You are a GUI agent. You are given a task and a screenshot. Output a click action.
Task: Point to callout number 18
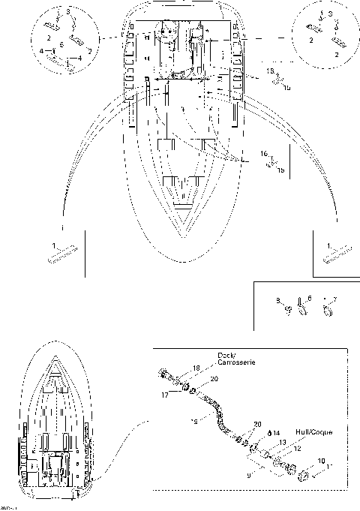196,368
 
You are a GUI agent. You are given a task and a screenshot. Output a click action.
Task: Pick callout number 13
283,443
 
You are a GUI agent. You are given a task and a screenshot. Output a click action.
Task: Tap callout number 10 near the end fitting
322,460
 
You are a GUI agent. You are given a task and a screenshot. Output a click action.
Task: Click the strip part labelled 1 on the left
64,254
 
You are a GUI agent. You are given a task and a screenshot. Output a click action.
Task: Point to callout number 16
263,153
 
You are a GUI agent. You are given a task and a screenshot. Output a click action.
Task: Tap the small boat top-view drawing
57,425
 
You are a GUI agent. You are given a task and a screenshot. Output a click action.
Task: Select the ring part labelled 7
327,310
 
